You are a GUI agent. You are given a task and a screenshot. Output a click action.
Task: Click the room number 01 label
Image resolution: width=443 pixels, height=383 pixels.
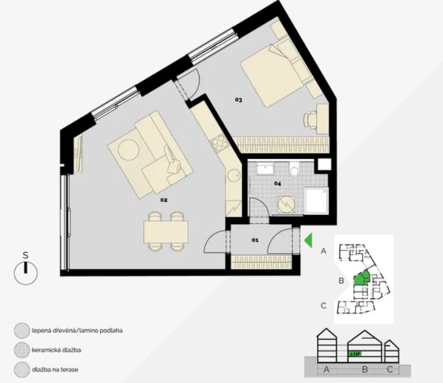pos(255,240)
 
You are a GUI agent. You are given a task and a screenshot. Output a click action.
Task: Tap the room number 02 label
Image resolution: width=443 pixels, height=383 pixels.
pos(164,200)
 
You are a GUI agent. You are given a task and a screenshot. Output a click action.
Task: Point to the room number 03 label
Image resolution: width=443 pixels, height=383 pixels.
pos(238,99)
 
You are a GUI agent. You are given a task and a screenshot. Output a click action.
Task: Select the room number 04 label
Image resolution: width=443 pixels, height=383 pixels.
pos(278,183)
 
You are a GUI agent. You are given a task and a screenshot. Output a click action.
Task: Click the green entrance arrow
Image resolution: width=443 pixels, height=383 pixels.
pos(308,240)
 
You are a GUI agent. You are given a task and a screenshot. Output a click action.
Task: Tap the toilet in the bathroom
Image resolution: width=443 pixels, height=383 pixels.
pos(294,169)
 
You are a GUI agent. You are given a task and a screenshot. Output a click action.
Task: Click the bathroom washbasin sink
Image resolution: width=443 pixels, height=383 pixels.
pos(265,168)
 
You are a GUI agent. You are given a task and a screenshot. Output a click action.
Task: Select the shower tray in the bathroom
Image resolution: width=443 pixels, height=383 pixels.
pos(316,201)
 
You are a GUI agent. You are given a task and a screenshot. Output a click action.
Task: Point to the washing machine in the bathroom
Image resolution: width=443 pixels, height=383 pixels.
pos(286,204)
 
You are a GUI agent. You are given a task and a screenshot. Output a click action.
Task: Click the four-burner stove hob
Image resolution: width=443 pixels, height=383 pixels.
pos(220,143)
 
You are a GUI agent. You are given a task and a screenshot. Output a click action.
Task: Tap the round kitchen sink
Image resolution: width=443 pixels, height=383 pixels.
pos(234,176)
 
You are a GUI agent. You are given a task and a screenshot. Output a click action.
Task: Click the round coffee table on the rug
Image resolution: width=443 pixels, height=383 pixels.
pos(129,149)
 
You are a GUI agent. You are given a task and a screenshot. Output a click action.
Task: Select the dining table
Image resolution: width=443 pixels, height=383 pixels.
pos(166,232)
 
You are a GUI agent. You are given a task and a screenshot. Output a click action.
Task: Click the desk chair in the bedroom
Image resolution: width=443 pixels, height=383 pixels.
pos(310,120)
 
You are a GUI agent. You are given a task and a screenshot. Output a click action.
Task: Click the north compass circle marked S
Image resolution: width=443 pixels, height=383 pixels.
pos(26,273)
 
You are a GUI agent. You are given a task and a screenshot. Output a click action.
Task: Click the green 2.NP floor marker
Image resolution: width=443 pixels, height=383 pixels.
pos(355,354)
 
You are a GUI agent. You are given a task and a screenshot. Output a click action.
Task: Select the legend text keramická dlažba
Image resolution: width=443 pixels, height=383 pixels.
pos(57,350)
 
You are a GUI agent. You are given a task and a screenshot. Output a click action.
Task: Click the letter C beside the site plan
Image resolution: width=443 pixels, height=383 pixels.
pos(324,305)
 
